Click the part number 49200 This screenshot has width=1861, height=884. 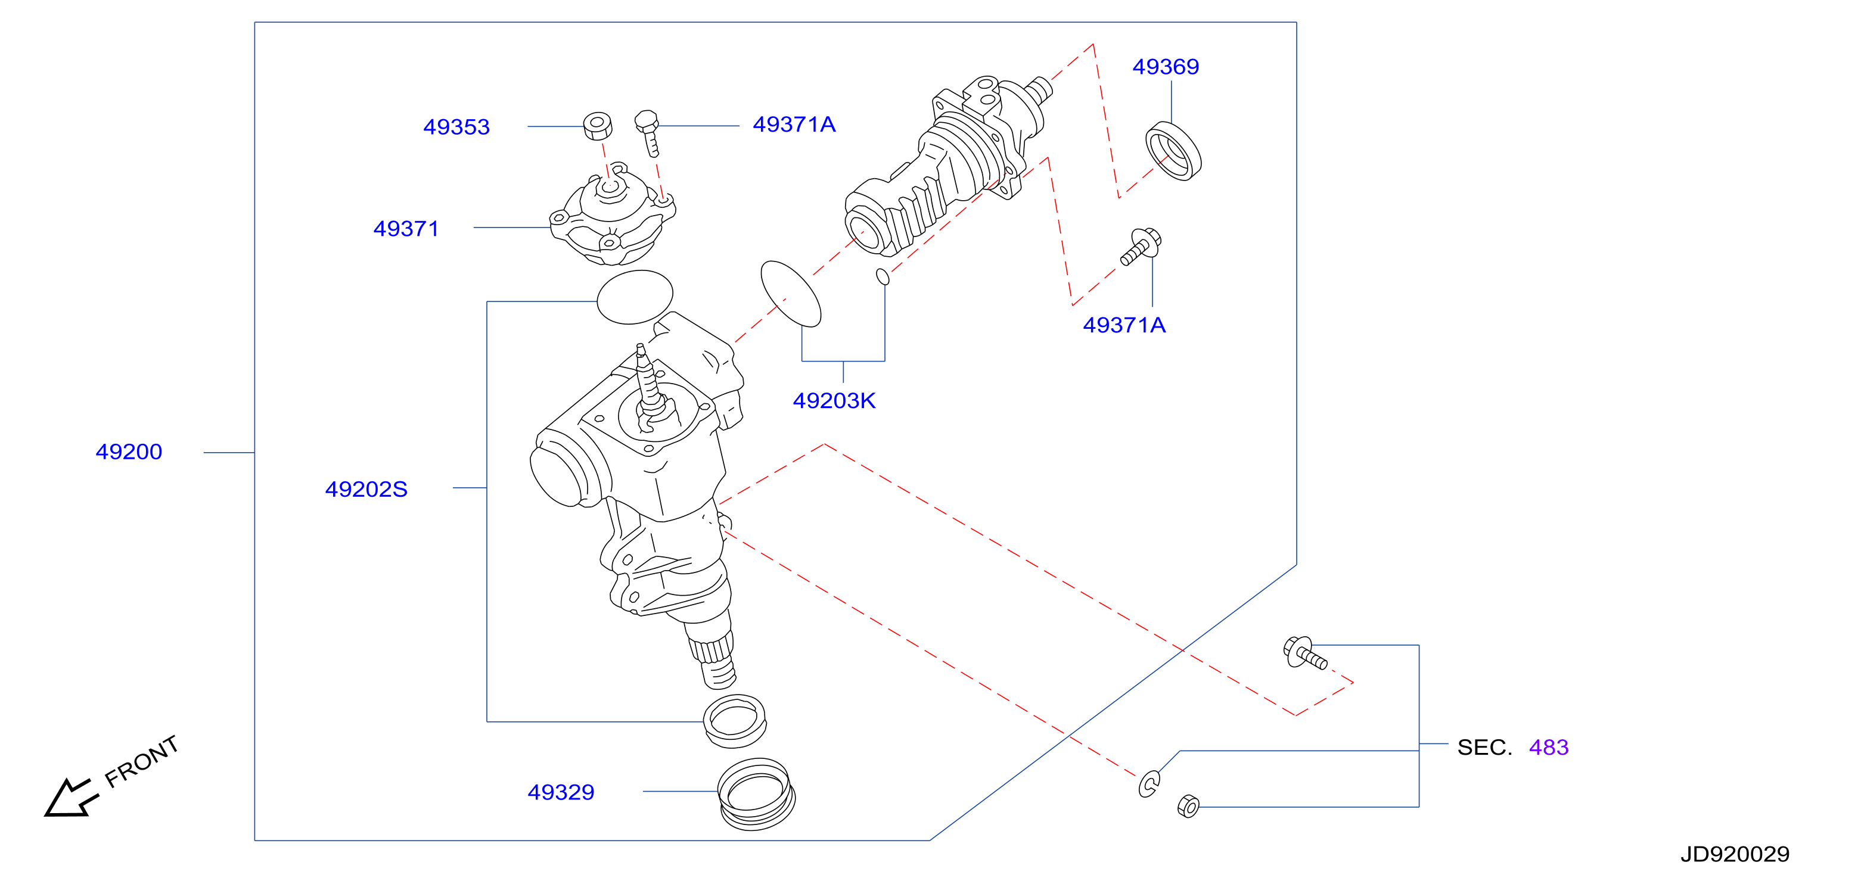pyautogui.click(x=129, y=452)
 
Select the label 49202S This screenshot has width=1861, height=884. pyautogui.click(x=366, y=490)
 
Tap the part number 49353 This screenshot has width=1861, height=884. pyautogui.click(x=456, y=127)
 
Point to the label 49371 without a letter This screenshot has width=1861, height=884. pyautogui.click(x=406, y=229)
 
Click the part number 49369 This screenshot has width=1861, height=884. pyautogui.click(x=1166, y=67)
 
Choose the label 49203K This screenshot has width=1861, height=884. pyautogui.click(x=834, y=401)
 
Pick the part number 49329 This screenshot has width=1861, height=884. pyautogui.click(x=561, y=792)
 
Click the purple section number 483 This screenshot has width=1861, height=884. pyautogui.click(x=1548, y=748)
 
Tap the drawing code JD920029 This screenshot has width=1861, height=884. pyautogui.click(x=1735, y=854)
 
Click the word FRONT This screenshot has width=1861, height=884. pyautogui.click(x=142, y=761)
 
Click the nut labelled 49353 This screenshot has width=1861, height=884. pyautogui.click(x=598, y=126)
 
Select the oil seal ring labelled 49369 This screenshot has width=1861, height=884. pyautogui.click(x=1173, y=151)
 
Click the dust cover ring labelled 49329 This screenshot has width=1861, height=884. pyautogui.click(x=756, y=795)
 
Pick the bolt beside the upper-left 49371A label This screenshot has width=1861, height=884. pyautogui.click(x=648, y=132)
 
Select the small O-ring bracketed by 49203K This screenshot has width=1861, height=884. pyautogui.click(x=882, y=276)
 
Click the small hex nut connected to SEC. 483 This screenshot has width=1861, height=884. pyautogui.click(x=1188, y=806)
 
